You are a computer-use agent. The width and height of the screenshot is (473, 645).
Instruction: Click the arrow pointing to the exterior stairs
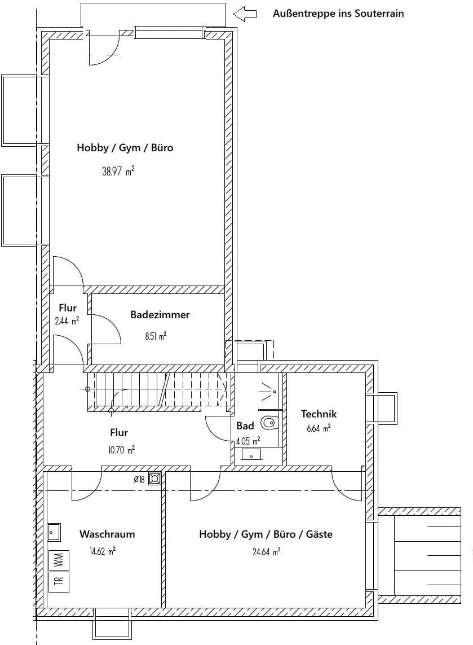click(245, 14)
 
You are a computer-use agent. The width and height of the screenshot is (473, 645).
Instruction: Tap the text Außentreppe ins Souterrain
click(338, 14)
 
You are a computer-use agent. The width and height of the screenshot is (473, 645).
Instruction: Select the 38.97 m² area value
click(118, 171)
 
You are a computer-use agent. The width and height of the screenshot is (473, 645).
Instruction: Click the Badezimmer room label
click(160, 315)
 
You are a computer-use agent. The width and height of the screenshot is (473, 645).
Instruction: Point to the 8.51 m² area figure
click(156, 336)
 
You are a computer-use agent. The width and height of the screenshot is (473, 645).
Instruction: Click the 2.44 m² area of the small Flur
click(67, 321)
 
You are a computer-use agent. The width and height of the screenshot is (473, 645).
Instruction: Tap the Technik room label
click(319, 414)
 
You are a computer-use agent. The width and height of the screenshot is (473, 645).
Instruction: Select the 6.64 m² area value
click(319, 429)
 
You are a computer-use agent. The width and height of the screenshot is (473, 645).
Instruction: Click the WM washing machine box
click(59, 559)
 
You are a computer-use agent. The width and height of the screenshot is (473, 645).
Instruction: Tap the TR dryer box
click(59, 582)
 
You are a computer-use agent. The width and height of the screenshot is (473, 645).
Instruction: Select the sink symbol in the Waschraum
click(54, 533)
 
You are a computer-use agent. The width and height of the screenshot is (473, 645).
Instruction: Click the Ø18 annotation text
click(139, 479)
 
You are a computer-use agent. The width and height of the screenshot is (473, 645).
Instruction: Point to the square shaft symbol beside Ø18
click(154, 479)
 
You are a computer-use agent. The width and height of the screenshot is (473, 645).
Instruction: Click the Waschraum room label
click(107, 534)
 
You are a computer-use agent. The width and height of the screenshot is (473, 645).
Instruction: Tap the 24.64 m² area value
click(266, 551)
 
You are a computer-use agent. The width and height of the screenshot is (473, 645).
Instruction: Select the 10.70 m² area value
click(121, 450)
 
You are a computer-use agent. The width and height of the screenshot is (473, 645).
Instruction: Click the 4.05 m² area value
click(248, 442)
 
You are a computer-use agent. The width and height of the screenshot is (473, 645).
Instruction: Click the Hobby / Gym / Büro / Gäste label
click(266, 534)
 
